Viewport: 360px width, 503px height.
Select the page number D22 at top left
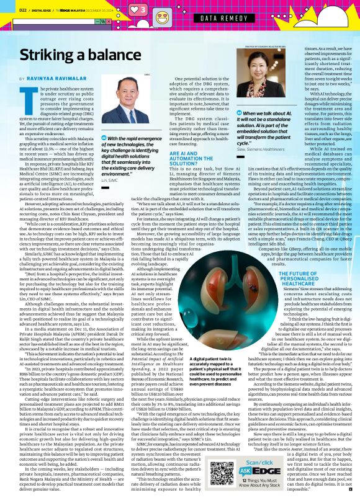click(x=22, y=9)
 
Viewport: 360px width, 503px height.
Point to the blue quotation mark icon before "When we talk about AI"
click(x=240, y=114)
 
